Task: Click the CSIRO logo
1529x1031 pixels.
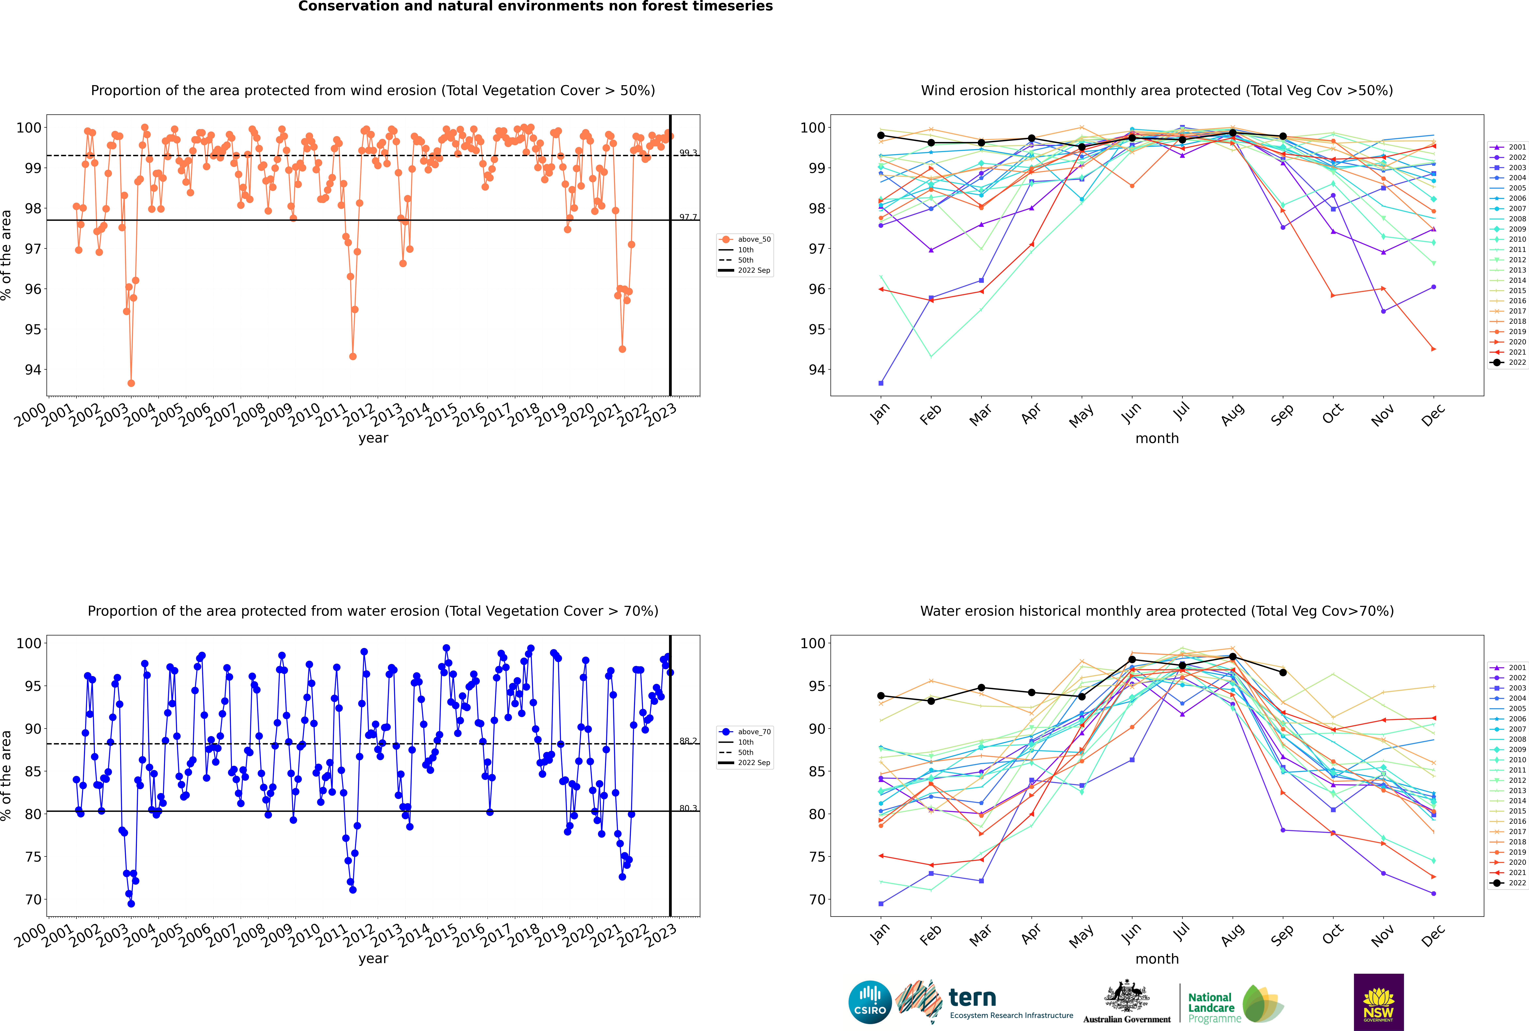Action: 870,1002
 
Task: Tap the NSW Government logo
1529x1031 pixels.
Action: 1378,1001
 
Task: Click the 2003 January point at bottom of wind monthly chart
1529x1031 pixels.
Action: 881,383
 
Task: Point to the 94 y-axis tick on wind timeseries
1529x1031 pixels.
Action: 33,369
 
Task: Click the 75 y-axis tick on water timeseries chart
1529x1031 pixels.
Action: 33,857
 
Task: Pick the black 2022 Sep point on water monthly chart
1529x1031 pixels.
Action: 1283,673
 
